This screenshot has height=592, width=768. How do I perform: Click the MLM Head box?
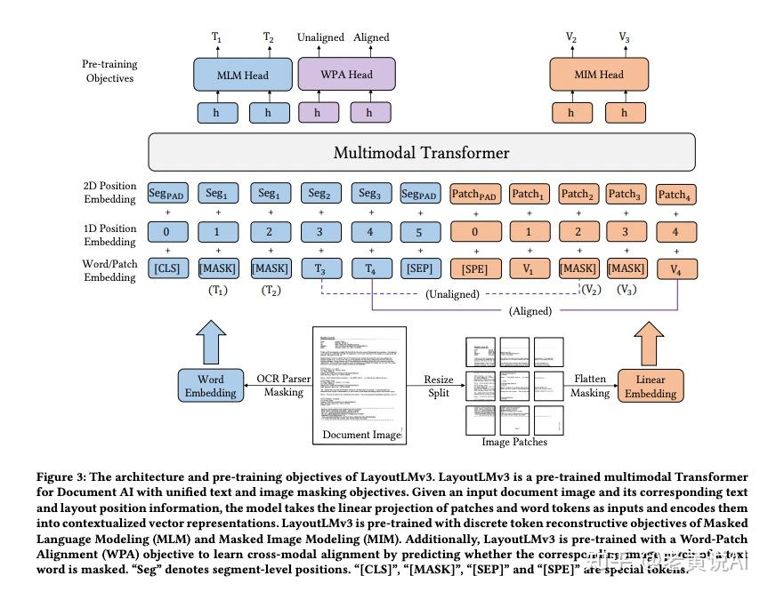pyautogui.click(x=243, y=75)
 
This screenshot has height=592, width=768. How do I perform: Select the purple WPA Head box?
pyautogui.click(x=346, y=75)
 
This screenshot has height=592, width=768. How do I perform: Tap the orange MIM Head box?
pyautogui.click(x=598, y=75)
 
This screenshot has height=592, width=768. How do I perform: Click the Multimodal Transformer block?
pyautogui.click(x=421, y=153)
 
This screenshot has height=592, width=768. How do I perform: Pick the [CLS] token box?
pyautogui.click(x=167, y=268)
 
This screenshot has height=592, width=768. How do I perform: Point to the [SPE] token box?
pyautogui.click(x=475, y=268)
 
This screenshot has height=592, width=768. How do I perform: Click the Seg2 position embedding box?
pyautogui.click(x=319, y=194)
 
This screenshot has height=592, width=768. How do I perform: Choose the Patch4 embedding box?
pyautogui.click(x=675, y=194)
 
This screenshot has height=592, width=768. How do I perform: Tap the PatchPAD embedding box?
pyautogui.click(x=475, y=194)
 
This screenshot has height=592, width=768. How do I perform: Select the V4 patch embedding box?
pyautogui.click(x=675, y=268)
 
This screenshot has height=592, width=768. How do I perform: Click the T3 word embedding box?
pyautogui.click(x=319, y=268)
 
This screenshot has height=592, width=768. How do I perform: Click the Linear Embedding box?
pyautogui.click(x=650, y=386)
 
